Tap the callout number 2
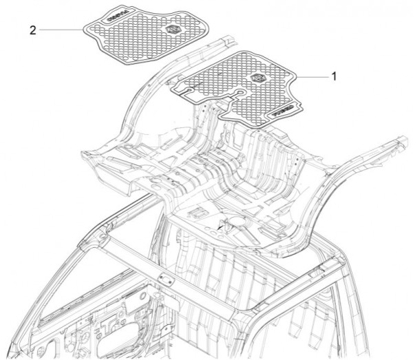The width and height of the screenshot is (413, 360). (33, 30)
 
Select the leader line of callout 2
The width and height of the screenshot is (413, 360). (62, 30)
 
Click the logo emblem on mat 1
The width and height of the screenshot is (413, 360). (259, 79)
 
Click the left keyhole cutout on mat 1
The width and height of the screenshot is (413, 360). (184, 89)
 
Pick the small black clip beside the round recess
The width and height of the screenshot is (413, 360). (222, 224)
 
